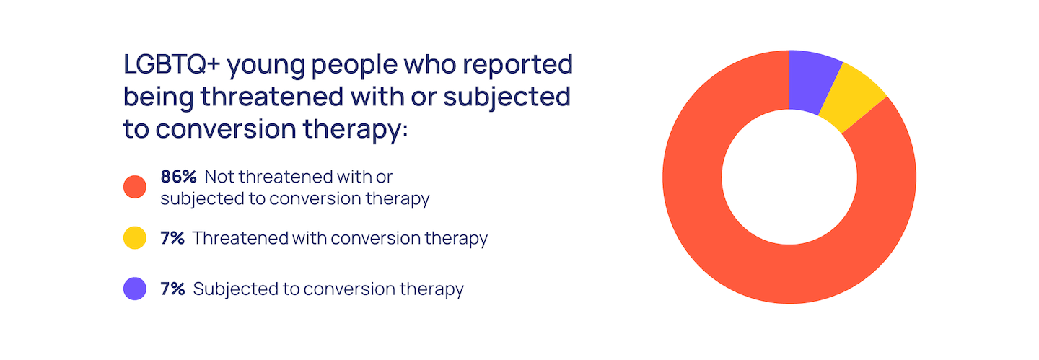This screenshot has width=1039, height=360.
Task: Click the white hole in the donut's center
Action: click(789, 177)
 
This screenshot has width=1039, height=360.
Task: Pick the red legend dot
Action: click(135, 187)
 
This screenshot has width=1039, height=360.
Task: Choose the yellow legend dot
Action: click(135, 238)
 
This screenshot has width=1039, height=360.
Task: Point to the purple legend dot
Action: click(135, 289)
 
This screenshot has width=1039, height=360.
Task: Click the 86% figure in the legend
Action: click(179, 177)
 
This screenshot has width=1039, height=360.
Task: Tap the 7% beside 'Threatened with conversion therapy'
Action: click(172, 238)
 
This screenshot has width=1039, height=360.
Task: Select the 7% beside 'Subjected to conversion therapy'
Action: click(172, 289)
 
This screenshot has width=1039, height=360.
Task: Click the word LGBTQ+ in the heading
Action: click(172, 64)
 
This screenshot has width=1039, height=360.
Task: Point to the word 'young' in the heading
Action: click(266, 66)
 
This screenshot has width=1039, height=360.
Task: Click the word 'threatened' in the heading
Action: click(272, 97)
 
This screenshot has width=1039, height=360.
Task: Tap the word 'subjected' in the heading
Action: click(507, 98)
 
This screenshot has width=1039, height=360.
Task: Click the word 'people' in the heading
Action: click(354, 66)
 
